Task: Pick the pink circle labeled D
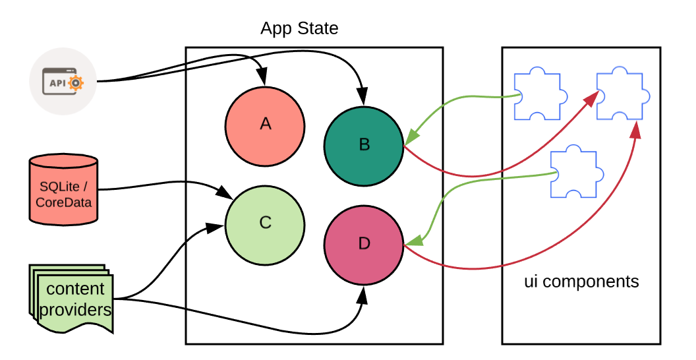364,244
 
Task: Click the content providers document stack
72,298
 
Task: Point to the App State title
299,28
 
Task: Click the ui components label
581,282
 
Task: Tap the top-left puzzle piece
537,94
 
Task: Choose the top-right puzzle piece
620,94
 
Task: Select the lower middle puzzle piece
573,173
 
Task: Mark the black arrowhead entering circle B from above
362,99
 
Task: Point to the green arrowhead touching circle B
411,136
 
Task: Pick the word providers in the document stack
76,309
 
